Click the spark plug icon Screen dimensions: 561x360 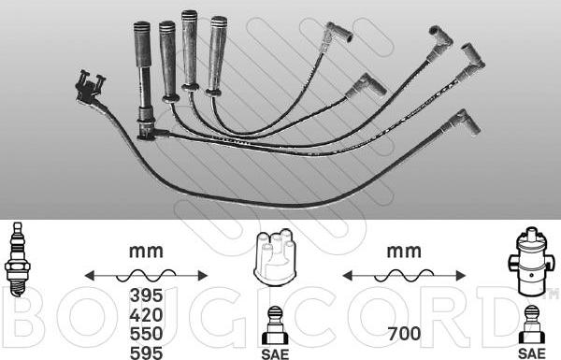point(17,259)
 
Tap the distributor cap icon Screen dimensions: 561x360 point(275,258)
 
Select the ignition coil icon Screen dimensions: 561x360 point(531,262)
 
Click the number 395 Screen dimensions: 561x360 point(146,295)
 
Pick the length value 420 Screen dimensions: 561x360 point(146,315)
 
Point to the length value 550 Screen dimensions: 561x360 point(146,334)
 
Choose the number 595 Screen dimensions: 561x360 point(146,353)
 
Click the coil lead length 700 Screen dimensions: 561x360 point(404,334)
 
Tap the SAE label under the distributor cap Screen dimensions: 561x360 point(275,353)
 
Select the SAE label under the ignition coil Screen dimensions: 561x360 point(532,353)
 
